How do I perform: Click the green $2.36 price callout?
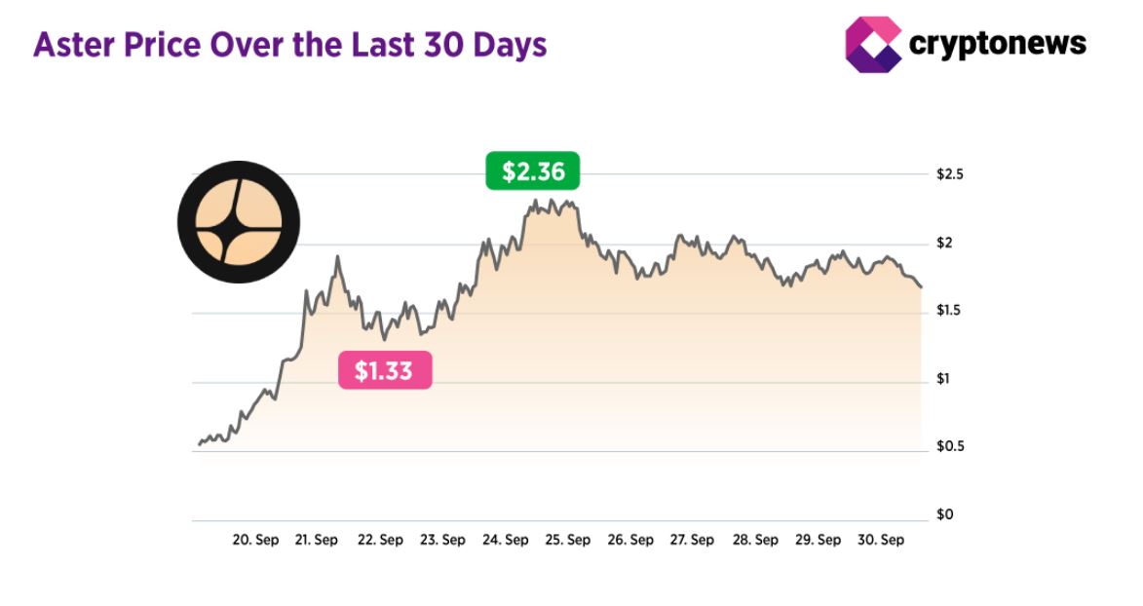click(x=533, y=171)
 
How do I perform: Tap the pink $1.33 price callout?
click(x=384, y=371)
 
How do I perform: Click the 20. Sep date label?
click(x=255, y=540)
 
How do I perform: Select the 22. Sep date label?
click(x=380, y=540)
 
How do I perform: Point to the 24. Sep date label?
click(x=505, y=540)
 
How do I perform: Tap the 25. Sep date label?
click(x=567, y=540)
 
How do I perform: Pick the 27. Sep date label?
click(x=692, y=540)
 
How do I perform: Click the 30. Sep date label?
click(x=880, y=540)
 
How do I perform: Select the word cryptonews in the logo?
click(x=997, y=44)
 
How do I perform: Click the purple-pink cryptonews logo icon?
click(x=872, y=44)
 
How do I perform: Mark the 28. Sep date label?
click(x=755, y=540)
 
